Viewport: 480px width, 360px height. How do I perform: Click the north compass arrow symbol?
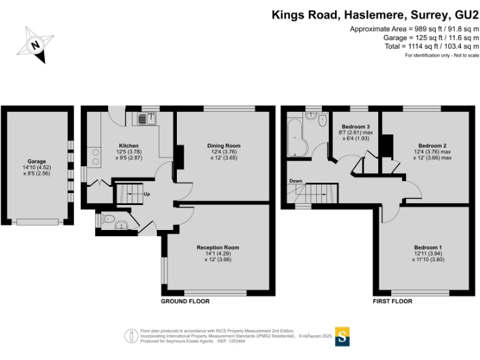coord(36,45)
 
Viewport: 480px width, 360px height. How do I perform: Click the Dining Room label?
coord(223,146)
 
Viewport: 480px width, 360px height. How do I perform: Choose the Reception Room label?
coord(217,247)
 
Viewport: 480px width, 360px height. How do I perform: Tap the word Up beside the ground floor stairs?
coord(147,194)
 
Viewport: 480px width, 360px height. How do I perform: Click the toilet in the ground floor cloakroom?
coord(108,219)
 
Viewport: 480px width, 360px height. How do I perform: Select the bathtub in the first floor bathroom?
coord(294,137)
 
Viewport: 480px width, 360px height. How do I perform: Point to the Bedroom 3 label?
coord(356,127)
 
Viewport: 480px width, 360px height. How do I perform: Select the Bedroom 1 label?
coord(427,248)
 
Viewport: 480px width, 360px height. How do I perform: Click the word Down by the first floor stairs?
coord(296,181)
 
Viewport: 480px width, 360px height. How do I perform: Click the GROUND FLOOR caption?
coord(185,301)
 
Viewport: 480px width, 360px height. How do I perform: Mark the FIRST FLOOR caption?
coord(392,301)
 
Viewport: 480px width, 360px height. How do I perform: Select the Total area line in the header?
coord(432,46)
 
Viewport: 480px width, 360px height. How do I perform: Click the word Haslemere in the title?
coord(362,14)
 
